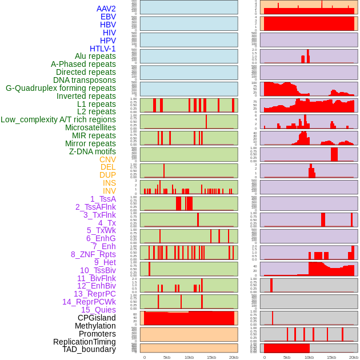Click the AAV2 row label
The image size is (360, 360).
tap(106, 9)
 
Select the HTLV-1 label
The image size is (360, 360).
tap(103, 49)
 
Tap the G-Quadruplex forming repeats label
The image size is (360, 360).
tap(61, 89)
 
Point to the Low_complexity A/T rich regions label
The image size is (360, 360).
tap(58, 120)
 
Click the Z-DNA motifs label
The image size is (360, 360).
tap(93, 151)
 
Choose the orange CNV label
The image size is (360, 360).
tap(107, 159)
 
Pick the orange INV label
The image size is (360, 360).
tap(109, 191)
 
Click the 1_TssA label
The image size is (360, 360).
tap(103, 199)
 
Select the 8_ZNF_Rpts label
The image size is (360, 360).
tap(93, 254)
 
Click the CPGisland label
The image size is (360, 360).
tap(97, 318)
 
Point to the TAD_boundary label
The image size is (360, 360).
tap(89, 349)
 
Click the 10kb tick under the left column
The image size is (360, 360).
tap(189, 357)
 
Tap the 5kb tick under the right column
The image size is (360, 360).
tap(287, 357)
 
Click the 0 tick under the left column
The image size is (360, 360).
tap(144, 357)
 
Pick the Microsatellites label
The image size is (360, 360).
tap(90, 127)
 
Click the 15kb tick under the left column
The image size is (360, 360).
tap(211, 357)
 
